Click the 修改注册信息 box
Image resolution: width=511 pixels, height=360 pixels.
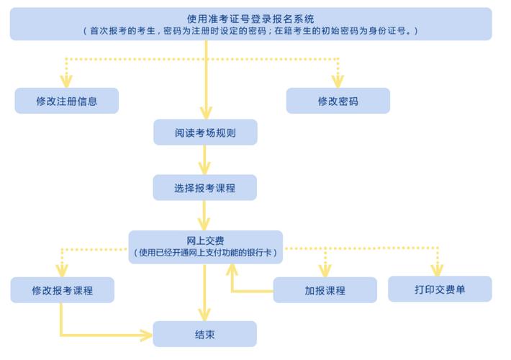(x=66, y=101)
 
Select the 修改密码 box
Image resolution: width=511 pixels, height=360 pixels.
(x=338, y=101)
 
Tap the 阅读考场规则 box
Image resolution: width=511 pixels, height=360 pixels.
(x=205, y=132)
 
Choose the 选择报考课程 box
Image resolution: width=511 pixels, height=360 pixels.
(x=205, y=188)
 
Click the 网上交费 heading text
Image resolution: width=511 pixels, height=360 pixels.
(x=205, y=240)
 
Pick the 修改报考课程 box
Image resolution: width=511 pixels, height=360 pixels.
(x=62, y=290)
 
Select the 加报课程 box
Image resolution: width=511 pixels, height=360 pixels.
(x=325, y=290)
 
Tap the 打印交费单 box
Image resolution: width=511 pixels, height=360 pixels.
(x=439, y=289)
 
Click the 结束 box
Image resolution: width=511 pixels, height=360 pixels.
(x=205, y=335)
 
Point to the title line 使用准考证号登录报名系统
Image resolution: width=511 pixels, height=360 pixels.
(x=250, y=18)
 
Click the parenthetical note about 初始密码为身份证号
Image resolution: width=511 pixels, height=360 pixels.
(x=250, y=31)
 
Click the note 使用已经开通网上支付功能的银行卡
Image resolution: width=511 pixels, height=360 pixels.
(x=205, y=253)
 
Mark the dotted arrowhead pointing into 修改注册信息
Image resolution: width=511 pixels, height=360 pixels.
(x=66, y=81)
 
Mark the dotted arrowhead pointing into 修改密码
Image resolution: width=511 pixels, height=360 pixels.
(x=338, y=81)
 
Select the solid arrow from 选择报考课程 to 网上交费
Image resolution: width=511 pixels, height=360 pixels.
(x=205, y=215)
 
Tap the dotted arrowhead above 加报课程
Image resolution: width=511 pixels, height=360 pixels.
(x=325, y=271)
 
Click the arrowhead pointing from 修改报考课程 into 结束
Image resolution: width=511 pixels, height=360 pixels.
(x=146, y=335)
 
